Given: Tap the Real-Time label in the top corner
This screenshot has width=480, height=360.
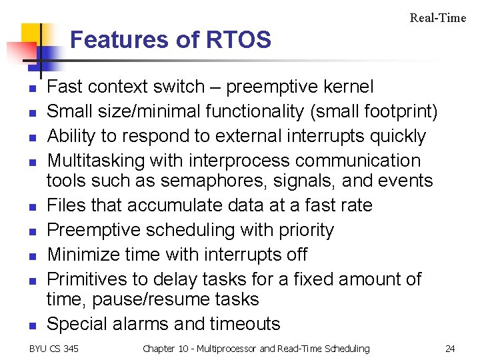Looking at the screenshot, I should click(437, 18).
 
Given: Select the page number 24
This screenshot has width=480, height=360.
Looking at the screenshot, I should click(450, 349).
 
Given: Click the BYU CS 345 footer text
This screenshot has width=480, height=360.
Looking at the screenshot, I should click(53, 349).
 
